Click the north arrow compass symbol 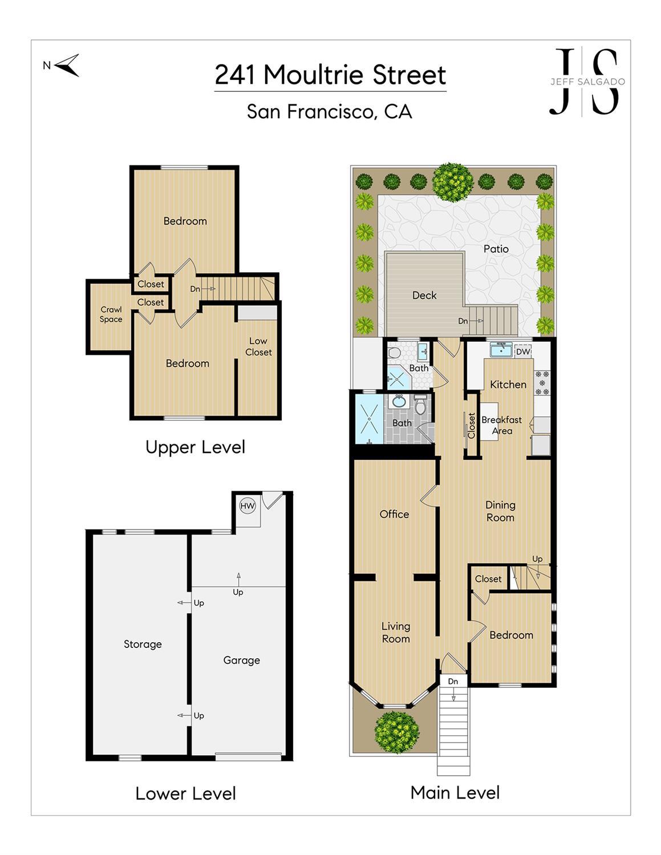point(67,66)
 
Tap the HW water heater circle point(248,506)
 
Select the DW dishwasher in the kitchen point(523,351)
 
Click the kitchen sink point(502,350)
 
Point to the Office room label point(394,514)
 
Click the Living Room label point(396,633)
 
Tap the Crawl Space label point(111,314)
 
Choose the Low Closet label point(258,347)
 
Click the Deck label point(424,295)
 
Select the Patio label point(496,249)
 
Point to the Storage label point(143,644)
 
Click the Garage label point(242,661)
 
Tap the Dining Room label point(501,511)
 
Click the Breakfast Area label point(502,426)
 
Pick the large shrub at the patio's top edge point(452,183)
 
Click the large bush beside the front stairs point(397,732)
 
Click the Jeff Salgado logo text point(587,82)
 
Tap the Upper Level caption point(195,447)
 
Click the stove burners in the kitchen point(542,382)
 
